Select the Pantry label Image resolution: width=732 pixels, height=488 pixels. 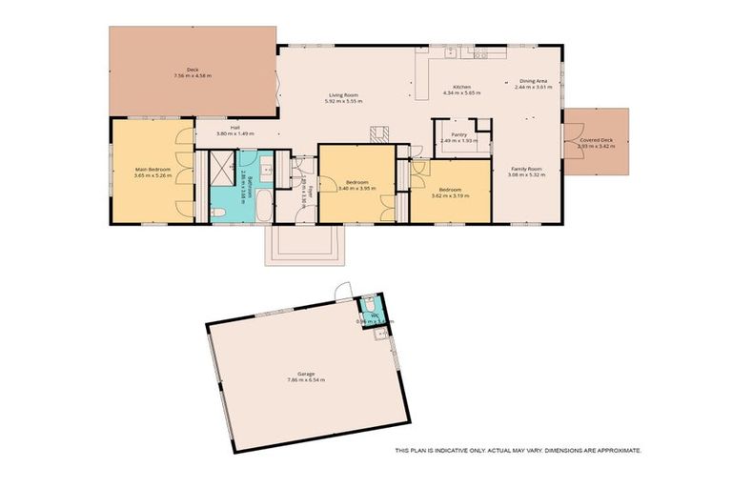coord(458,135)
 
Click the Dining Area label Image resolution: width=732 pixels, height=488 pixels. coord(533,81)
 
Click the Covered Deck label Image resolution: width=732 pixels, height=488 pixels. coord(597,142)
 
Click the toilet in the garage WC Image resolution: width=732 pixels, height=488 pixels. coord(368,304)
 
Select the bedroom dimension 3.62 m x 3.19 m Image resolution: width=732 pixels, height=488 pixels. coord(450,195)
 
